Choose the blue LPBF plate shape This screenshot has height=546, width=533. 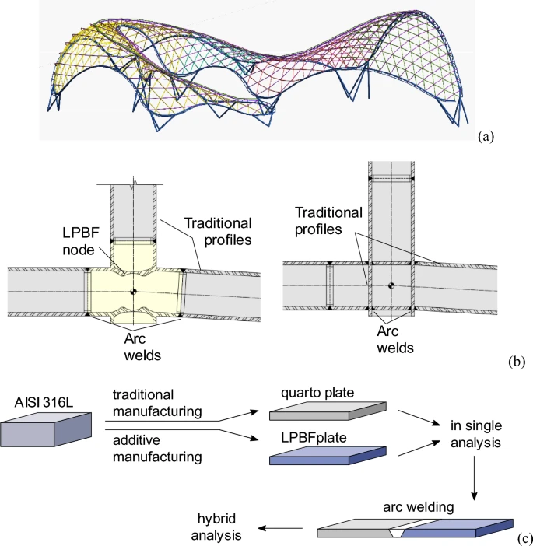(x=326, y=457)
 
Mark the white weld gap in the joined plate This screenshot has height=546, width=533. (x=397, y=532)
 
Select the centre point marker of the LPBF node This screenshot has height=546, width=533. (x=134, y=292)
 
